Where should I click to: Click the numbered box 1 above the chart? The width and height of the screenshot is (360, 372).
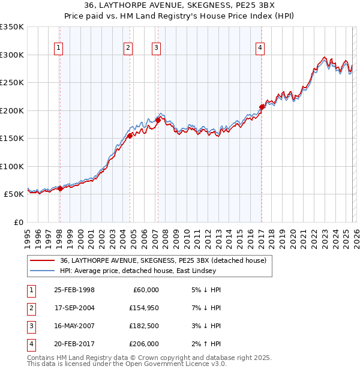click(x=59, y=49)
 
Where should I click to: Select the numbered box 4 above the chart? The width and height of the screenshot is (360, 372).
click(x=260, y=49)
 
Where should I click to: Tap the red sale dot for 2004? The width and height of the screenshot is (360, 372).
click(x=130, y=136)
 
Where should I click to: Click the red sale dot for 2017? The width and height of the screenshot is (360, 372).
click(x=262, y=107)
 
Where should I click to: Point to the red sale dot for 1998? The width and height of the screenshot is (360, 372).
click(x=60, y=188)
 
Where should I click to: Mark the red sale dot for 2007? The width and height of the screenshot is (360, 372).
click(x=158, y=120)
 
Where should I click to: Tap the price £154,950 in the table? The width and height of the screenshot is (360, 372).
click(x=143, y=308)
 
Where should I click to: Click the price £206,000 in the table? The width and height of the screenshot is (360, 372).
click(x=143, y=344)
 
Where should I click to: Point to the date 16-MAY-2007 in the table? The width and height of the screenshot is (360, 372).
click(x=74, y=326)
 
